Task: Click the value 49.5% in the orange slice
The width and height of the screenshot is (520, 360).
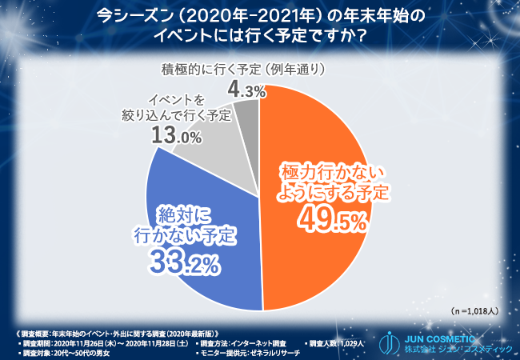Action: [x=330, y=217]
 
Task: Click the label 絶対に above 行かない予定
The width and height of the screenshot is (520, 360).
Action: [x=182, y=214]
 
